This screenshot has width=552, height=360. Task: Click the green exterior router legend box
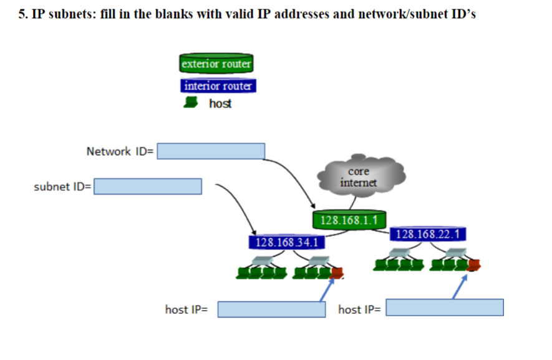pos(216,64)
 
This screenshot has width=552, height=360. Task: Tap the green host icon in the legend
pos(191,103)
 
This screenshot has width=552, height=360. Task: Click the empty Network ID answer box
pos(211,151)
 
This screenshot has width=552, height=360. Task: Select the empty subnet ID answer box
pos(148,186)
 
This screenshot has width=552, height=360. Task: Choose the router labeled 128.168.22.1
pos(427,235)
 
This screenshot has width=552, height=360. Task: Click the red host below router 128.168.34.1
pos(337,272)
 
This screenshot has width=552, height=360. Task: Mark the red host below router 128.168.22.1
pos(474,265)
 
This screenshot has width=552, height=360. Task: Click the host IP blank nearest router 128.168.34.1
pos(271,309)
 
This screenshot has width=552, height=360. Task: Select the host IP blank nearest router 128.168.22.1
pos(445,308)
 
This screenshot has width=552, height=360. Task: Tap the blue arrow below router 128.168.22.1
pos(460,286)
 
